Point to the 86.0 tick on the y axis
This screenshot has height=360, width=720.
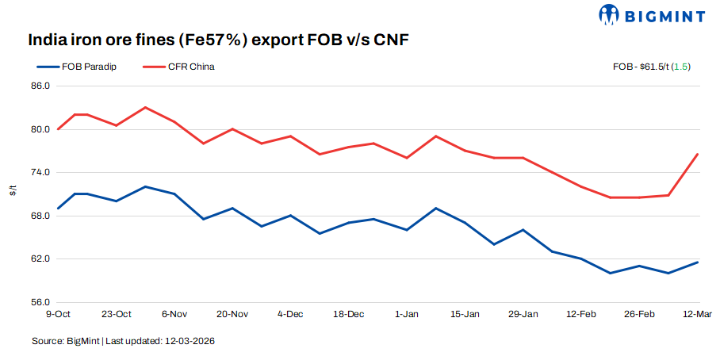pyautogui.click(x=40, y=86)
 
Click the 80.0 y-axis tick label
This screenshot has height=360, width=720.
pyautogui.click(x=40, y=129)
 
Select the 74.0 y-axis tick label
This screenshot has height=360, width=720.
pyautogui.click(x=40, y=172)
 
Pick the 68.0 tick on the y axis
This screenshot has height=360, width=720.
pyautogui.click(x=40, y=216)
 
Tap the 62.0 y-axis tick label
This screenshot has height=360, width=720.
pyautogui.click(x=40, y=259)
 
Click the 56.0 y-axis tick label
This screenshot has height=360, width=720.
pyautogui.click(x=40, y=302)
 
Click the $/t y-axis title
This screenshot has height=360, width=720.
pyautogui.click(x=13, y=192)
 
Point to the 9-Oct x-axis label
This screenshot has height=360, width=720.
pyautogui.click(x=58, y=314)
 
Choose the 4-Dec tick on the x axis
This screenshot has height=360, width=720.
pyautogui.click(x=290, y=314)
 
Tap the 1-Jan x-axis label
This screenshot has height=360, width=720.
pyautogui.click(x=407, y=314)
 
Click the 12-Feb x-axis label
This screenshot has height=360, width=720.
pyautogui.click(x=581, y=314)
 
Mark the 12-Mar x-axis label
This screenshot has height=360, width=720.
pyautogui.click(x=697, y=314)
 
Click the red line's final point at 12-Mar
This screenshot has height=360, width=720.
pyautogui.click(x=697, y=154)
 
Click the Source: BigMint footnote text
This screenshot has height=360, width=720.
pyautogui.click(x=124, y=341)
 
